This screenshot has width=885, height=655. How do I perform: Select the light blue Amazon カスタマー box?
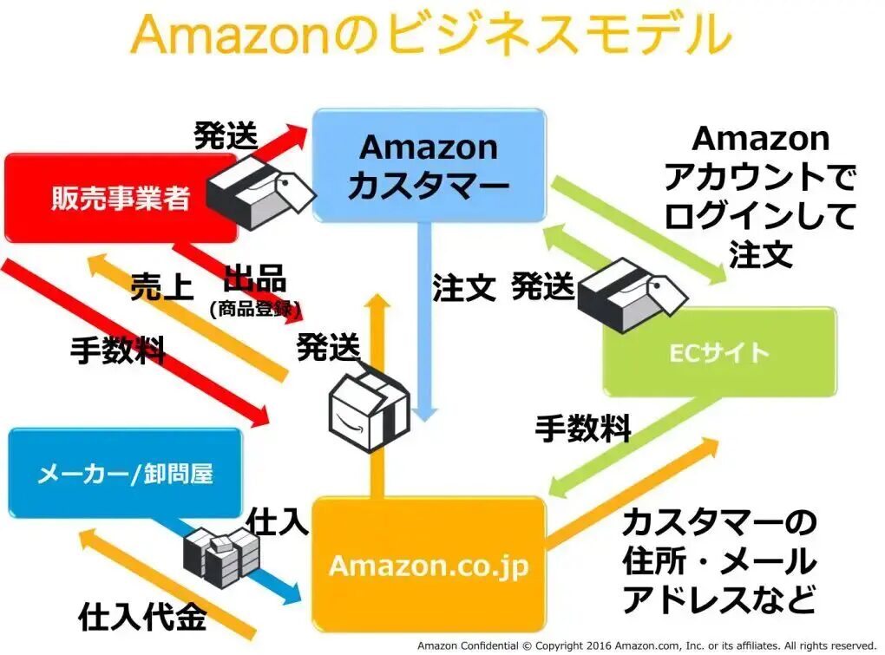point(429,165)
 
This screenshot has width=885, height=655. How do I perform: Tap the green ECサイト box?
point(719,352)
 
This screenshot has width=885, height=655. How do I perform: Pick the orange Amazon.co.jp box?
point(429,565)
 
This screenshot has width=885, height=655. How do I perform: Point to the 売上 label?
point(161,286)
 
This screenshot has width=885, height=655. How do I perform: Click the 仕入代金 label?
point(142,617)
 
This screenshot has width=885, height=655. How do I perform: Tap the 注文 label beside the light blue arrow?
point(463,288)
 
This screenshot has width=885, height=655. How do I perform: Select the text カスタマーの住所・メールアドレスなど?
point(719,561)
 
